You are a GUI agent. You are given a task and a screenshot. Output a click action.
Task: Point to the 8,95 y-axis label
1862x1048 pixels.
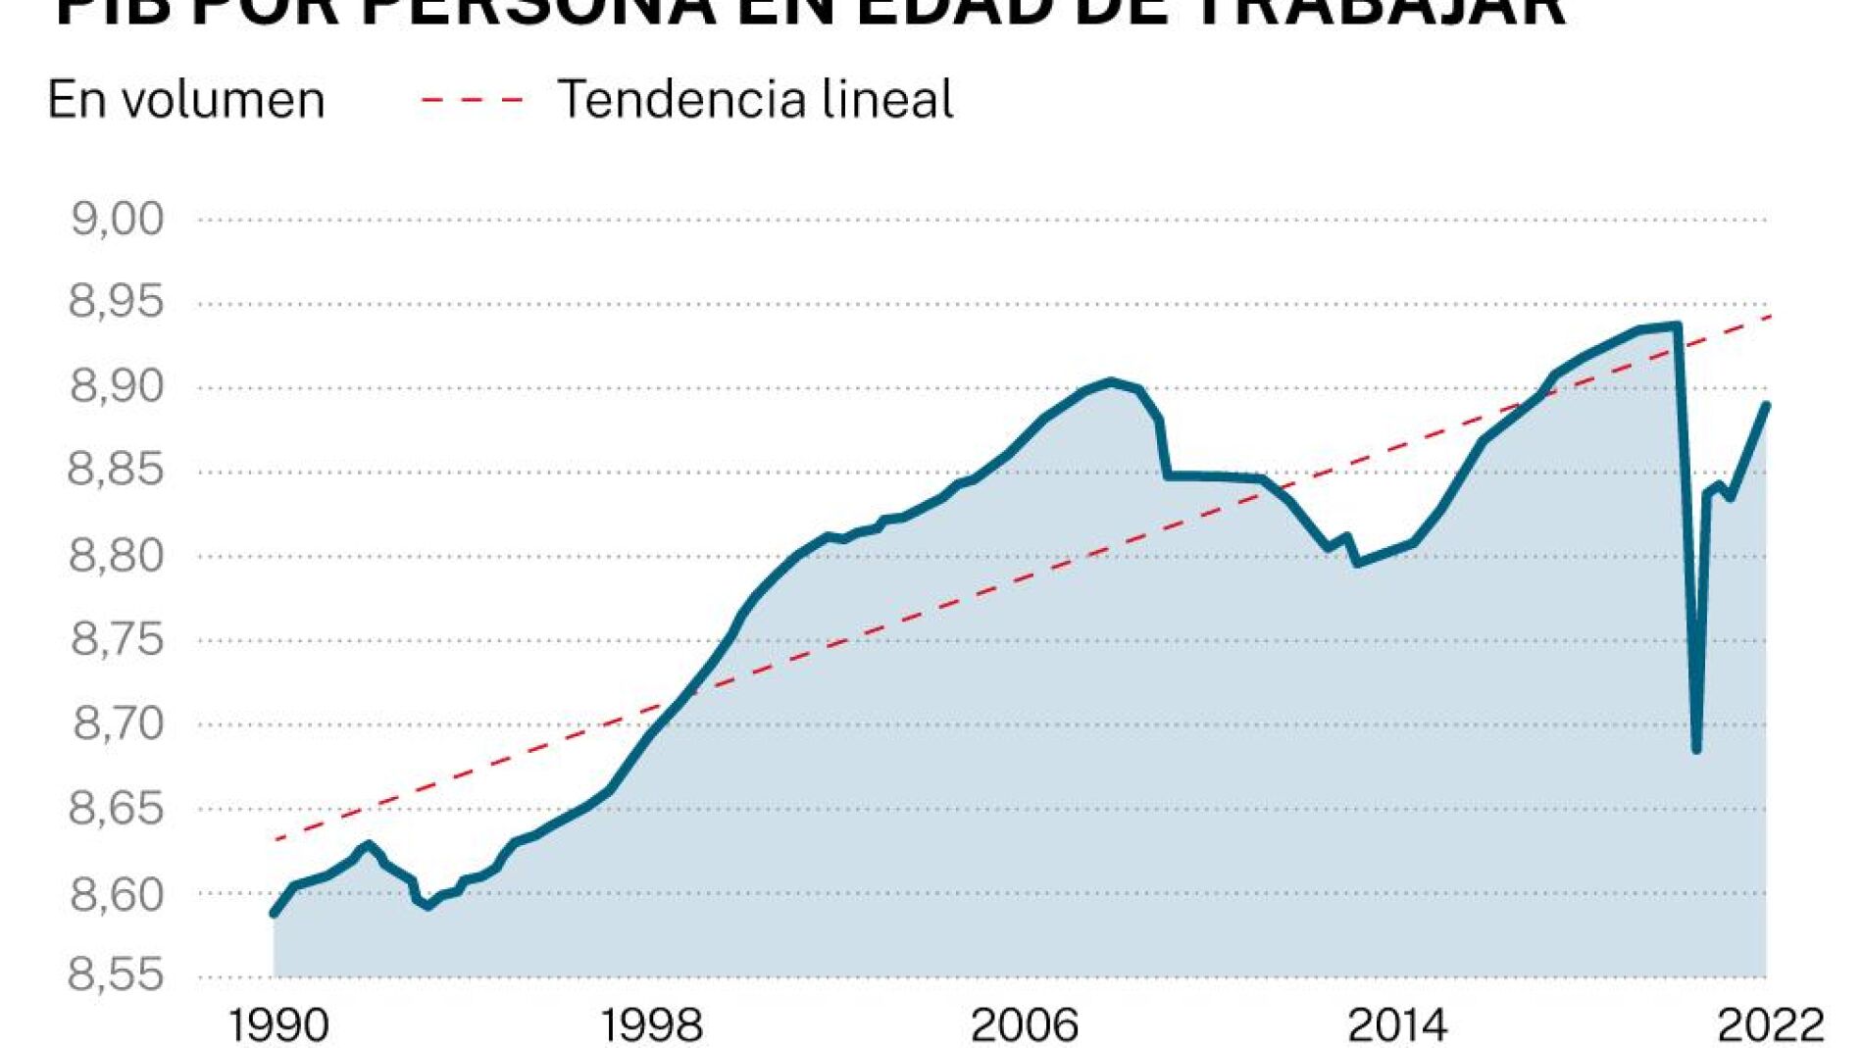117,302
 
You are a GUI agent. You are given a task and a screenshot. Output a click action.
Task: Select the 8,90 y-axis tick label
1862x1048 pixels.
117,386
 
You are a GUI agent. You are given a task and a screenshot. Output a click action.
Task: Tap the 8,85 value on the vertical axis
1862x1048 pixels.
116,471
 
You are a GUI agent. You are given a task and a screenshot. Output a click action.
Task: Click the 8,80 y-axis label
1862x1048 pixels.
117,555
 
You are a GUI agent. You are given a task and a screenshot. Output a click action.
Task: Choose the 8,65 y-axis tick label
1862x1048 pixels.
117,808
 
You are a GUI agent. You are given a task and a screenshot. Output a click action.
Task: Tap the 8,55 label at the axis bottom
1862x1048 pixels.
117,975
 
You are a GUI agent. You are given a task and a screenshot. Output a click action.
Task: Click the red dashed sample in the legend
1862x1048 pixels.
473,100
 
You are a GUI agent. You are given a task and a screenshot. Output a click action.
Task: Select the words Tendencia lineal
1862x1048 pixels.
755,100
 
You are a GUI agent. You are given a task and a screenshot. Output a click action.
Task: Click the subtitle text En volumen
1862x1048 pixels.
186,100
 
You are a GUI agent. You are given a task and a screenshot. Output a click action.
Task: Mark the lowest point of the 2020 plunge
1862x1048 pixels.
1696,750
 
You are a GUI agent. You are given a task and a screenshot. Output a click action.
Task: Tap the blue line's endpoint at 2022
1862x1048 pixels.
1766,406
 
